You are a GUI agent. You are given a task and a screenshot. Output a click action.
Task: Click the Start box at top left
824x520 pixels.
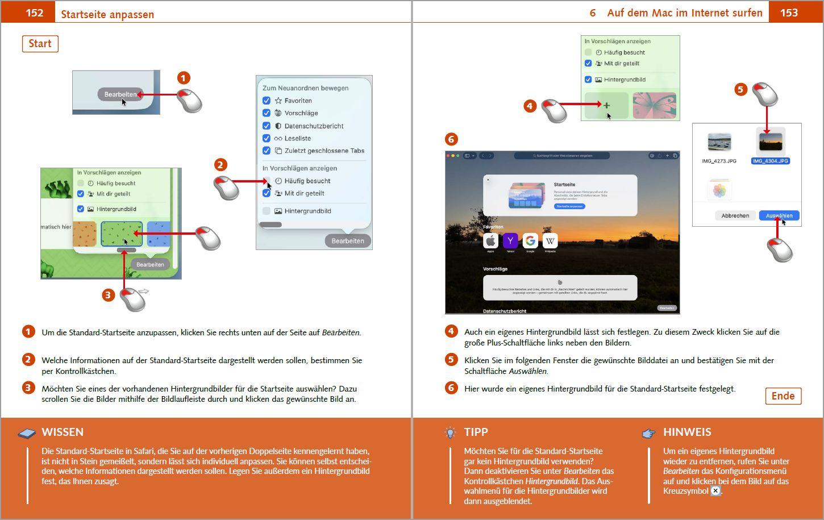(x=40, y=44)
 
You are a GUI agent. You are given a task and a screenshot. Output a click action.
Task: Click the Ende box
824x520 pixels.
(x=783, y=396)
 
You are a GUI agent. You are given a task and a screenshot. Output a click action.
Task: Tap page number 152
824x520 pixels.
(x=34, y=13)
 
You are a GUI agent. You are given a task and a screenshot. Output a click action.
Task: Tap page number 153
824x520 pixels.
(x=788, y=13)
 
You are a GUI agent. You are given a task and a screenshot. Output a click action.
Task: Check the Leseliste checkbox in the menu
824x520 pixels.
(x=266, y=138)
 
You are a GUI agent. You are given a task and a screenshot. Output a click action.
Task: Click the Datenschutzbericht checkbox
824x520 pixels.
(x=266, y=126)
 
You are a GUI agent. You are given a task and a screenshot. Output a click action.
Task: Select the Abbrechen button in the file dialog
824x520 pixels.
(x=735, y=215)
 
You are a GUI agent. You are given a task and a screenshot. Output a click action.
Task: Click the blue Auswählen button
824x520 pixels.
(x=779, y=215)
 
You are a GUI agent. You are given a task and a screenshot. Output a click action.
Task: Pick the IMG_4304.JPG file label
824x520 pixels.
(x=770, y=161)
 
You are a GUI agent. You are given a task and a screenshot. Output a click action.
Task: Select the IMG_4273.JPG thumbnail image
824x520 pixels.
(x=719, y=142)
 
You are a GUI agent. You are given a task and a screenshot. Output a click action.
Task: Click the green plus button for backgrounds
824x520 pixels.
(x=606, y=105)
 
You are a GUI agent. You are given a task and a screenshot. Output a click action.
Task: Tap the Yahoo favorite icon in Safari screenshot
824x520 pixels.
(x=510, y=240)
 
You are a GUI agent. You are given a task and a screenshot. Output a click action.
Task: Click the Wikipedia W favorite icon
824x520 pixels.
(x=550, y=240)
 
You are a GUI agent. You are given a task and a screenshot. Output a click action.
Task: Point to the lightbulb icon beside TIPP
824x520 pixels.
(x=450, y=433)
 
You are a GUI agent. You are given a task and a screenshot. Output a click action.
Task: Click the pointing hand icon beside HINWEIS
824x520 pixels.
(x=648, y=434)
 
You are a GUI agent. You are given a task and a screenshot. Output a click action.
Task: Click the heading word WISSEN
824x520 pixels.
(x=63, y=432)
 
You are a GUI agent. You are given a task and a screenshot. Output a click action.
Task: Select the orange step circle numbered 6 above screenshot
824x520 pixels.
(x=451, y=139)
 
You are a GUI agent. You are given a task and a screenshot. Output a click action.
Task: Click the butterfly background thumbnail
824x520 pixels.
(x=654, y=105)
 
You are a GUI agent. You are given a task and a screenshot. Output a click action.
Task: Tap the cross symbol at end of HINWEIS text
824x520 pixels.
(x=715, y=491)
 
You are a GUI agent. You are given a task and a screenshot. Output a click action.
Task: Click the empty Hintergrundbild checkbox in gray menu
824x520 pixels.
(x=266, y=211)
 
